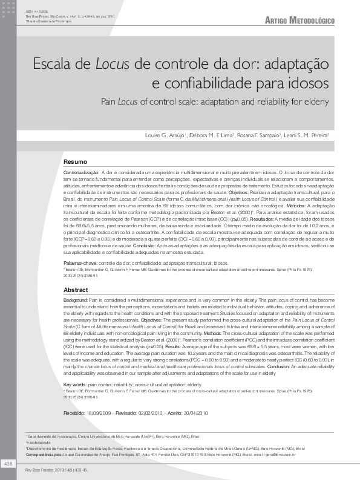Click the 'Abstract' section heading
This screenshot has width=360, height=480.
pos(76,290)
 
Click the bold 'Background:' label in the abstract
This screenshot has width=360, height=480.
pos(76,300)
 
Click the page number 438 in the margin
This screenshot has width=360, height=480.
pos(8,463)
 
